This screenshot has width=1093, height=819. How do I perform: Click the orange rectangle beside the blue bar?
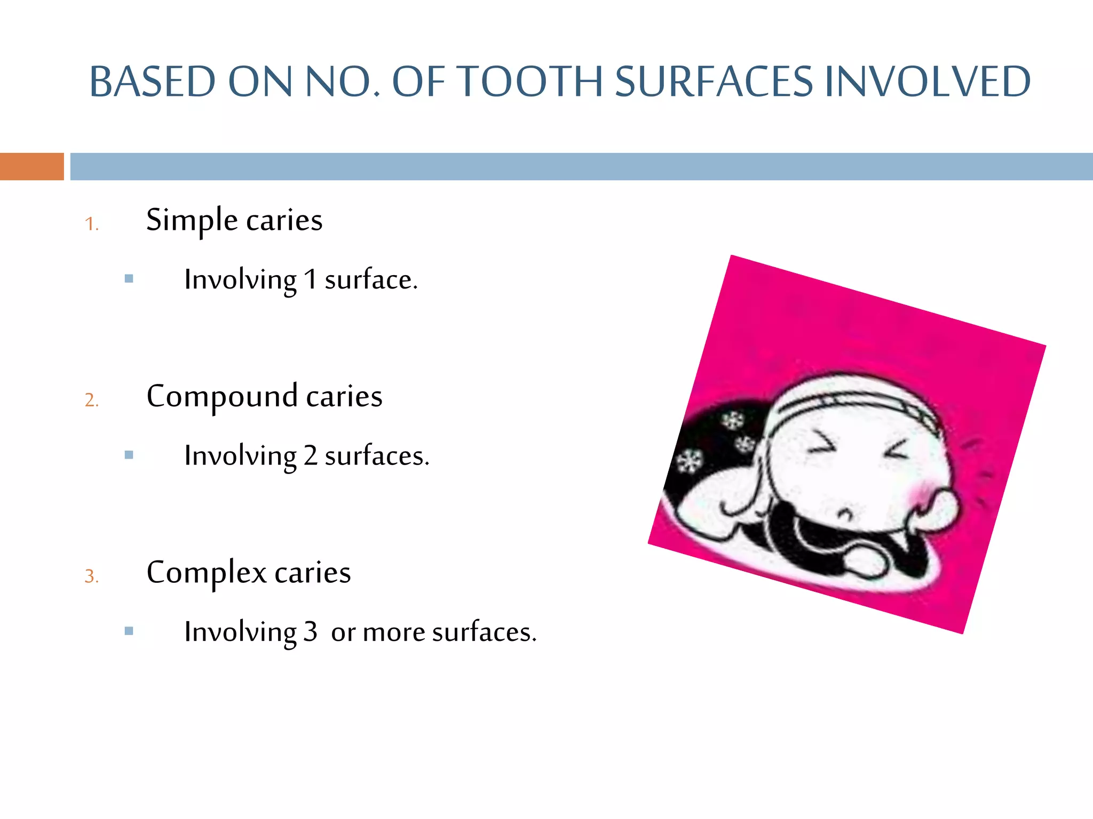click(31, 166)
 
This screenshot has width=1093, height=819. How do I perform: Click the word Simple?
click(192, 220)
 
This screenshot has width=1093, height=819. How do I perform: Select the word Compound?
click(221, 396)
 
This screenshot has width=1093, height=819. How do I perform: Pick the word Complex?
click(206, 573)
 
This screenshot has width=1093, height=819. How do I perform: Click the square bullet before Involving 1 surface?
click(129, 278)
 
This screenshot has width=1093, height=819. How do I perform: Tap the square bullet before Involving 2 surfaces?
click(129, 455)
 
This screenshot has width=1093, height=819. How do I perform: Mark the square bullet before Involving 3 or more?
click(129, 631)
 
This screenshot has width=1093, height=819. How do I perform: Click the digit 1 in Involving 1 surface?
click(310, 279)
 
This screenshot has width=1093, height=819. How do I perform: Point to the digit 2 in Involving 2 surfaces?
click(310, 456)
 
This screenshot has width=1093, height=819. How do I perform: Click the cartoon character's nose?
click(845, 515)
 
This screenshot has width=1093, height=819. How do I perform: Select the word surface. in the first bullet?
click(371, 279)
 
